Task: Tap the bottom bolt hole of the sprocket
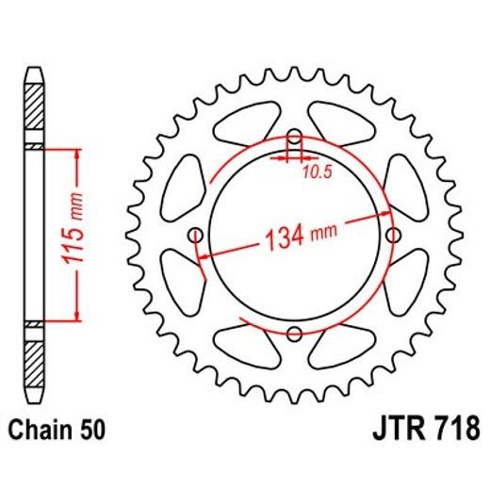294,333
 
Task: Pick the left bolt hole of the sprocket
195,234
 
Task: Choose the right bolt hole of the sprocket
393,234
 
